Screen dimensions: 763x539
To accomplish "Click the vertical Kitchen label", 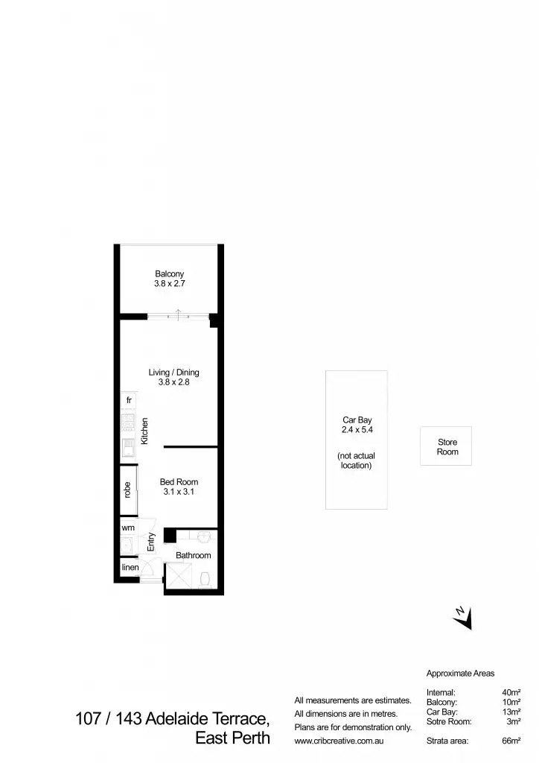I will (145, 431).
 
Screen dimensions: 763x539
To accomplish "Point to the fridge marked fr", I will (129, 401).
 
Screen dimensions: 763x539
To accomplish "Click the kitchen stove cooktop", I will (128, 425).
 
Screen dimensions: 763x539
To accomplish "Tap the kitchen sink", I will (128, 449).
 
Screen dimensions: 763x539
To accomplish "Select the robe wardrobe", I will (128, 490).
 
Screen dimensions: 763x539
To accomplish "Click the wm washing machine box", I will (128, 528).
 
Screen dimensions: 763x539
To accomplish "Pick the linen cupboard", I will (130, 568).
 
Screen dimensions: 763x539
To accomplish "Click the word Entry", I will (151, 542).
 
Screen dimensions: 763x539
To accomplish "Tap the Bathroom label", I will (193, 555).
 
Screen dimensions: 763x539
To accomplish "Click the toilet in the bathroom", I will (206, 577).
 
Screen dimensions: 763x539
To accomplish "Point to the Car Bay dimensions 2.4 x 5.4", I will (357, 430).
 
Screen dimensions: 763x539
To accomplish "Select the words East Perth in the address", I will (232, 740).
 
